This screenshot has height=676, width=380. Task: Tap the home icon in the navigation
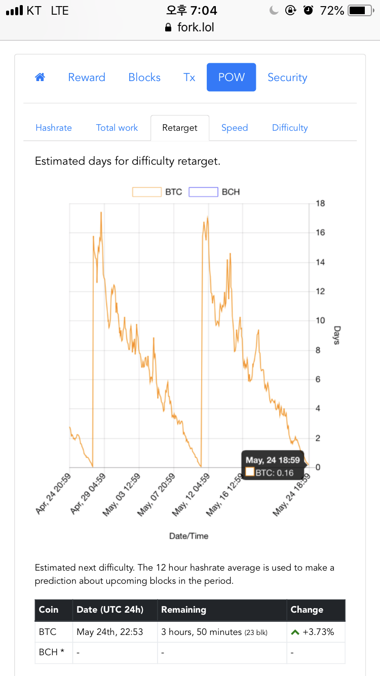[40, 77]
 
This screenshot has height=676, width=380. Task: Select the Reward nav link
[87, 77]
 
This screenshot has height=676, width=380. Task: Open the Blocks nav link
[144, 77]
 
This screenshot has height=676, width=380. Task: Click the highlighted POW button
[231, 77]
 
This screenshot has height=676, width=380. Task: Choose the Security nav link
[287, 77]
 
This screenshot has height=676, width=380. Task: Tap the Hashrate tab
[54, 128]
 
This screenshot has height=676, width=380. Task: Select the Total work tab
[117, 128]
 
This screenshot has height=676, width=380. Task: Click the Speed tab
[235, 128]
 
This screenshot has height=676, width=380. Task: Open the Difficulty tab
[290, 128]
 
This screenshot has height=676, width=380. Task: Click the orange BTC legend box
[147, 192]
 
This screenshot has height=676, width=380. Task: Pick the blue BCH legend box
[203, 192]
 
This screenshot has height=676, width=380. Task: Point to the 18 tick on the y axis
[320, 204]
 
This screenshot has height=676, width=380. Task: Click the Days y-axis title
[336, 335]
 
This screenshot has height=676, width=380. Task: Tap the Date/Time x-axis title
[188, 536]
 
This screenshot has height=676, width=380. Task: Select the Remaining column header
[183, 610]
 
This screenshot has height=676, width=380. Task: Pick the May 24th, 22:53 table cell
[110, 632]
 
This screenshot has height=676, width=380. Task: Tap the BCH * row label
[52, 652]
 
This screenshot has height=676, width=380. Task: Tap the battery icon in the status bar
[360, 10]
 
